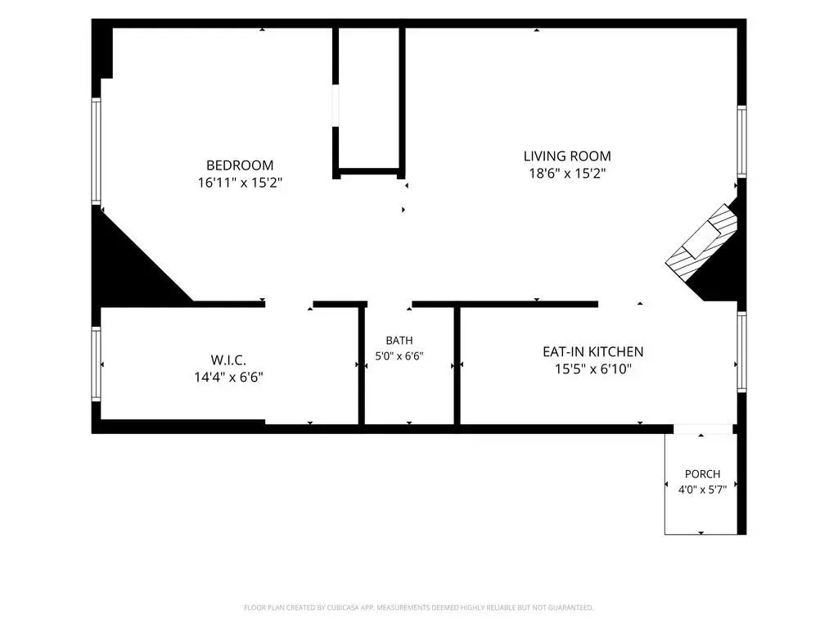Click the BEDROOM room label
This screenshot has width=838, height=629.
click(x=240, y=165)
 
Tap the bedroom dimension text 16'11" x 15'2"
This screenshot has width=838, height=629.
click(x=240, y=183)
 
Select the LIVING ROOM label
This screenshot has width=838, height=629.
click(x=567, y=156)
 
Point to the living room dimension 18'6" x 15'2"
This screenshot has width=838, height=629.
click(x=567, y=174)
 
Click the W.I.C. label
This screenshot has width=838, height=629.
click(x=228, y=360)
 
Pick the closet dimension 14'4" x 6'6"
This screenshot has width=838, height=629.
click(x=228, y=377)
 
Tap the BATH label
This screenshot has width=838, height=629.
click(x=399, y=340)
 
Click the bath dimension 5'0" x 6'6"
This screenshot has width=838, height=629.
click(x=399, y=355)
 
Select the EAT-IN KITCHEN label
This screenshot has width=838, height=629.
click(x=592, y=352)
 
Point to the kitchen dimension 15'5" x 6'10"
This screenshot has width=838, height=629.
click(x=592, y=369)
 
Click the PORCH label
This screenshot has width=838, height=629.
click(x=702, y=474)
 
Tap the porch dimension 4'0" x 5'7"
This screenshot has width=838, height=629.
click(x=702, y=490)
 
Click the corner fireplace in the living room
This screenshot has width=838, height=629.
click(x=701, y=242)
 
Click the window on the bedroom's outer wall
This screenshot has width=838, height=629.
click(x=97, y=151)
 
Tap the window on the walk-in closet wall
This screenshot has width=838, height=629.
click(x=97, y=364)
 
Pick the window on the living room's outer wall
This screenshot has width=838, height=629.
click(x=741, y=142)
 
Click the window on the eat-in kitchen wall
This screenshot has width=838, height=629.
click(x=741, y=351)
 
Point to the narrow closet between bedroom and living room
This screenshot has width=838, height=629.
click(x=369, y=99)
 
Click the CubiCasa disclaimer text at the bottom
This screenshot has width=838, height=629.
click(x=418, y=608)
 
